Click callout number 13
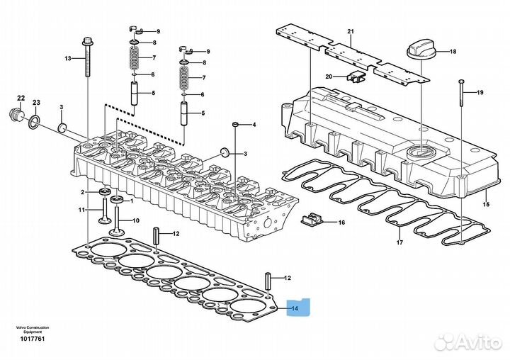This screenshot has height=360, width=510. coord(69,59)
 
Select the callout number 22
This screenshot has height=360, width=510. coord(21,98)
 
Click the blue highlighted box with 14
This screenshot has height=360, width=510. coord(295,308)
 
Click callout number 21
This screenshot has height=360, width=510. coord(350,32)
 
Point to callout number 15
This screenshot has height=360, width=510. coord(486,205)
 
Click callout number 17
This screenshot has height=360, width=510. coord(399,243)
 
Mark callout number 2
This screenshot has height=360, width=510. coord(82,192)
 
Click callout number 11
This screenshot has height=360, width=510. coord(81,210)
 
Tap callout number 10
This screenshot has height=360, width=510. coord(136,220)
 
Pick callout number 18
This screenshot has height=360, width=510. coord(453,52)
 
